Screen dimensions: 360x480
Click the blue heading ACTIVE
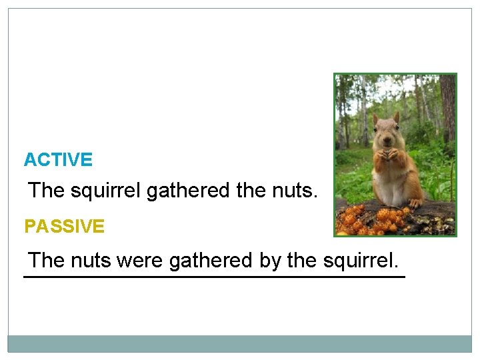tap(58, 160)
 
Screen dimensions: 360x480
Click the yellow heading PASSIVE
tap(64, 227)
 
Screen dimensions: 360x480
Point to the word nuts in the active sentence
tap(294, 191)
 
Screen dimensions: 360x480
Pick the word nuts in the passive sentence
tap(91, 260)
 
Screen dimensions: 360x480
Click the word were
tap(139, 260)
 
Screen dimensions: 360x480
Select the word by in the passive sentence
tap(270, 261)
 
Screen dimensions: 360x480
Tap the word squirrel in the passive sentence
tap(360, 260)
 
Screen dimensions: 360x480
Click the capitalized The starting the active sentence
tap(46, 191)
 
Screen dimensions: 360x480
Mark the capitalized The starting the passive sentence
tap(47, 260)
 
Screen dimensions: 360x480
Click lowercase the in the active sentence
tap(251, 191)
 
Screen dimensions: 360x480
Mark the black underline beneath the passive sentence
tap(214, 276)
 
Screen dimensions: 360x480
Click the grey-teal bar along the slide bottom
tap(239, 343)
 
